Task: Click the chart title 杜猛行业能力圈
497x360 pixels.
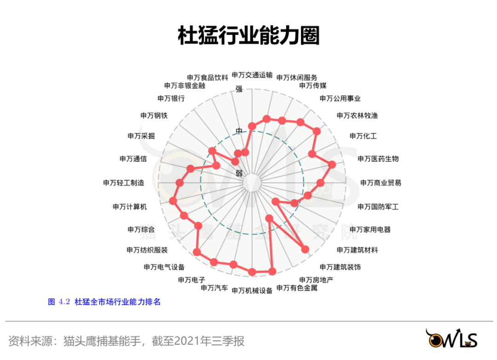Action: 248,36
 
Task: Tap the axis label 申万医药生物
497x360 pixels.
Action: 378,159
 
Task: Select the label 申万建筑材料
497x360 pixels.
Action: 357,250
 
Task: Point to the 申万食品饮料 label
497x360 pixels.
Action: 207,77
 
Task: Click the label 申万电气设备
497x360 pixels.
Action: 164,267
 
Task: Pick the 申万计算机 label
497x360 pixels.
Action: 129,207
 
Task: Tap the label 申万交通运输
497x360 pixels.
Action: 252,75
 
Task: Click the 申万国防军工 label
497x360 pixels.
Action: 378,207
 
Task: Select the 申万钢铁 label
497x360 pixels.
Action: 154,115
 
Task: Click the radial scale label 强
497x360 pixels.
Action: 239,89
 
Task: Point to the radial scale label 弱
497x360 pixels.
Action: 239,173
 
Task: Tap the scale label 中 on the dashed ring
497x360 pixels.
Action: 239,131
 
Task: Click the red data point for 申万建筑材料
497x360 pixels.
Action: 305,249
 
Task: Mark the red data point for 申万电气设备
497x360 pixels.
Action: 197,251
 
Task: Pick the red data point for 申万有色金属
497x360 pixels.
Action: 272,271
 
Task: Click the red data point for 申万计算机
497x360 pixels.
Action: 173,200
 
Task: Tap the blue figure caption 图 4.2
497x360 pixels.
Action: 58,302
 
